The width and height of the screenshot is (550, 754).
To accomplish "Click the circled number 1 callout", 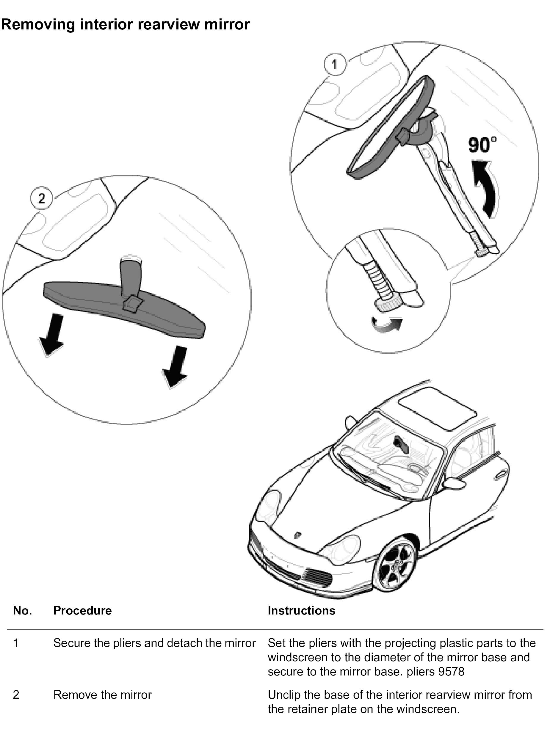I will (335, 64).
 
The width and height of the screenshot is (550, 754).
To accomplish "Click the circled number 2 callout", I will (41, 199).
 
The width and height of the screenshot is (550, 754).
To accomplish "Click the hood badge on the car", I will (297, 534).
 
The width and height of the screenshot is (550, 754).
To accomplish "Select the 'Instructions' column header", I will (301, 611).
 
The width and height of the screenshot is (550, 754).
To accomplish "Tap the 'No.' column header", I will (22, 611).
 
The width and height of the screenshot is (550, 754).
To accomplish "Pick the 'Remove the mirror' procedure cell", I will (102, 695).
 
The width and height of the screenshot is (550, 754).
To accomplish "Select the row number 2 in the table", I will (16, 695).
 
